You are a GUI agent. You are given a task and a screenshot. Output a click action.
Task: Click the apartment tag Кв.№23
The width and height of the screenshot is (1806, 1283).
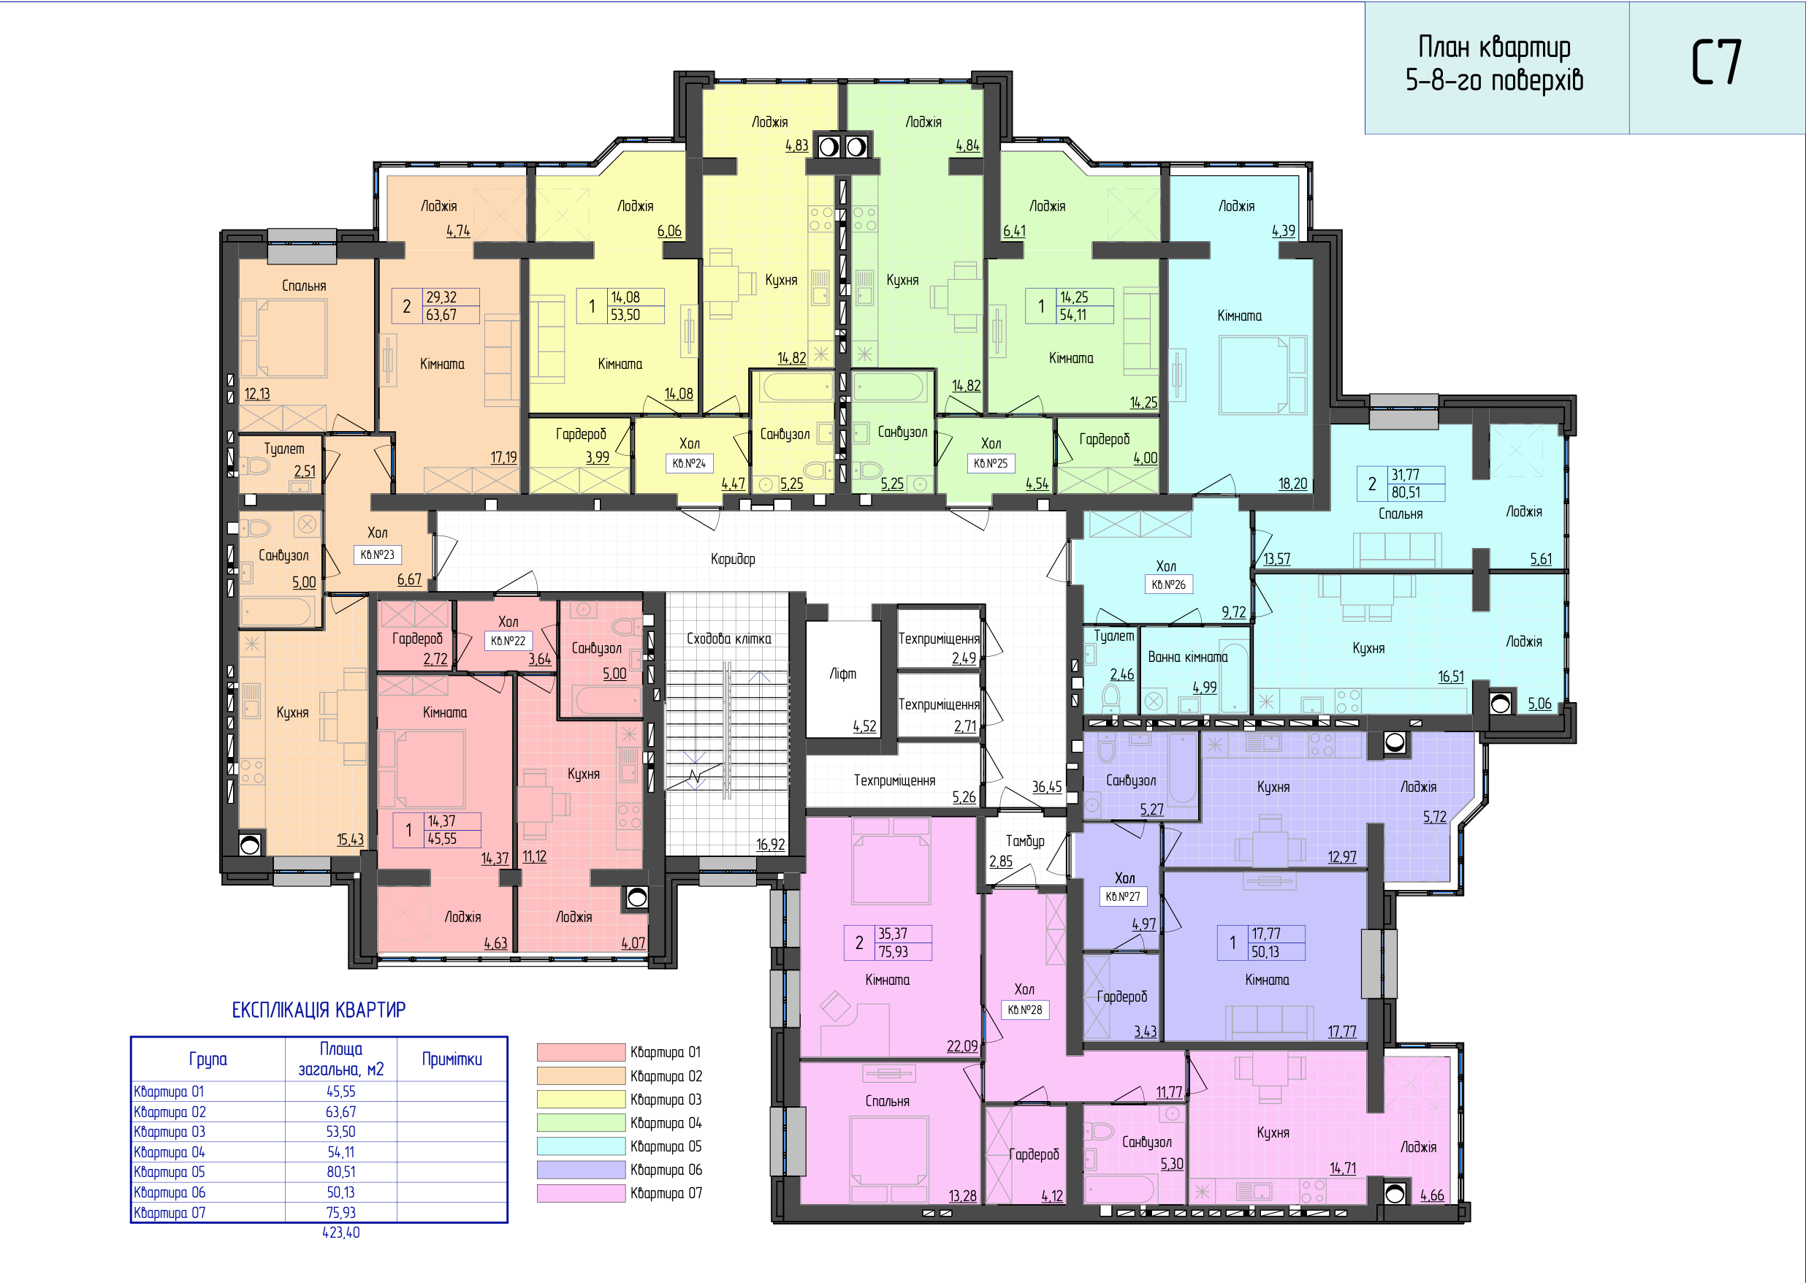[x=378, y=555]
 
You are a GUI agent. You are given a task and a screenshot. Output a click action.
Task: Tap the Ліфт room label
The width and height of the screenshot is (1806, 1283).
[x=842, y=674]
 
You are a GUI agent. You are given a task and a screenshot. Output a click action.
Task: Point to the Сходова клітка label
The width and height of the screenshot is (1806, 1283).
[x=728, y=639]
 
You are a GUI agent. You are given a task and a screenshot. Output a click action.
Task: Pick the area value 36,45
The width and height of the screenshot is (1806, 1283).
[x=1047, y=787]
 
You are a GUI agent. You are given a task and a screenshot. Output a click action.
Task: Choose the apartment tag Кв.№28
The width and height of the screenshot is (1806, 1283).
[x=1025, y=1010]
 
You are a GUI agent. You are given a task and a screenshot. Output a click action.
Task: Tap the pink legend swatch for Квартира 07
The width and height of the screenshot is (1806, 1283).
[x=581, y=1193]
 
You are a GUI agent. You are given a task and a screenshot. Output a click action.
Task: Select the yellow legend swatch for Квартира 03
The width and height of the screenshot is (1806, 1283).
[x=581, y=1099]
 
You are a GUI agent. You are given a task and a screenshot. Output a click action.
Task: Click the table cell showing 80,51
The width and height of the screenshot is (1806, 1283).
[x=340, y=1172]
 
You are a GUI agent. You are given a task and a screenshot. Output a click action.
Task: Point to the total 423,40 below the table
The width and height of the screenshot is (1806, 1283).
[x=340, y=1233]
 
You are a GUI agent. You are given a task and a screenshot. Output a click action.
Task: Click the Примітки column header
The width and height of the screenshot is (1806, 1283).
[x=452, y=1059]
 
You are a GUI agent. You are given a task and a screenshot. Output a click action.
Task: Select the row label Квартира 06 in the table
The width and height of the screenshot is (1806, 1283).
[x=169, y=1192]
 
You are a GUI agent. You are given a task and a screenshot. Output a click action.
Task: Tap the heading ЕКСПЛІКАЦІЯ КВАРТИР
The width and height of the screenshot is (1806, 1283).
[x=319, y=1010]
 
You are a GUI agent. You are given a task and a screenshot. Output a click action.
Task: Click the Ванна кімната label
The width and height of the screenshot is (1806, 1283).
[x=1187, y=658]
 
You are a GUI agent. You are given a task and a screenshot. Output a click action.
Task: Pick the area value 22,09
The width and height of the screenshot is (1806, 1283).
[x=962, y=1046]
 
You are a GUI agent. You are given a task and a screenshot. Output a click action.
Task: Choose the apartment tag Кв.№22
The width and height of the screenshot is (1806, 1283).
[x=508, y=641]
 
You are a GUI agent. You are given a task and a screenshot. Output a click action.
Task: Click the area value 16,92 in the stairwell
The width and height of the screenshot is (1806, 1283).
[x=770, y=845]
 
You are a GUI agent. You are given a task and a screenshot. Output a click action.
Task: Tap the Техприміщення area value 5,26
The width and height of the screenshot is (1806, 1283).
[x=964, y=797]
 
